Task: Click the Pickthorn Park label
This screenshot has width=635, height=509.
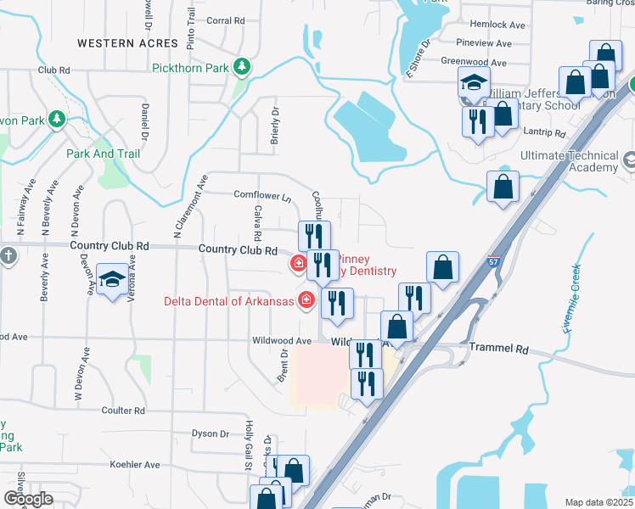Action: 193,68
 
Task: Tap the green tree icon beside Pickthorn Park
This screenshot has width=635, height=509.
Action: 242,65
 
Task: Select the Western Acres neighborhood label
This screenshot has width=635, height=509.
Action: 117,42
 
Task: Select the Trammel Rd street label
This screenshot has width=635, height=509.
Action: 499,349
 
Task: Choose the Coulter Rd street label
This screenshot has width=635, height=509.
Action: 123,411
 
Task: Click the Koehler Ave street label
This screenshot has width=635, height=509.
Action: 135,465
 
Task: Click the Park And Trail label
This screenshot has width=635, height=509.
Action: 103,154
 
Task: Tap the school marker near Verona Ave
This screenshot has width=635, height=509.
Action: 112,279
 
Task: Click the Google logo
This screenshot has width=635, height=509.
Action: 27,499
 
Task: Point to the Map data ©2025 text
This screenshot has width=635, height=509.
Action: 598,502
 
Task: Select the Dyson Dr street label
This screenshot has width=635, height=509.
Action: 211,433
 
